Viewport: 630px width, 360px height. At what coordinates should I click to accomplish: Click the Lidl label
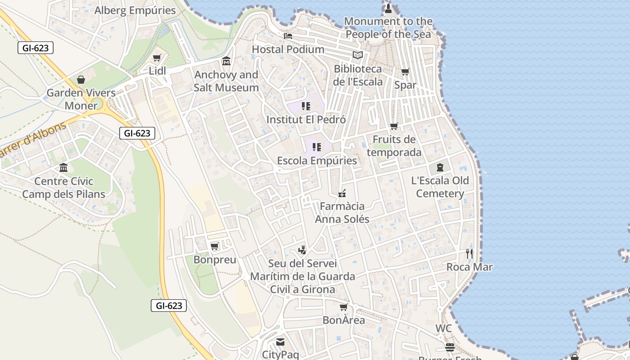(x=157, y=71)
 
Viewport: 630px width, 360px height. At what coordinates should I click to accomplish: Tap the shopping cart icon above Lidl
(x=157, y=58)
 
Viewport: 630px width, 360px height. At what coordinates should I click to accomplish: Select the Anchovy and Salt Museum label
(x=226, y=81)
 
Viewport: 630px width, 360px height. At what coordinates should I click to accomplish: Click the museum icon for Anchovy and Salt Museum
(x=226, y=61)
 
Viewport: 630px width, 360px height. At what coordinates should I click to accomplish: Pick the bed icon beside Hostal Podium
(x=288, y=36)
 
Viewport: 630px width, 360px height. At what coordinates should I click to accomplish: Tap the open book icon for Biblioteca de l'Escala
(x=358, y=55)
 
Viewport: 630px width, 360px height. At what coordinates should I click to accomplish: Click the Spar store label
(x=405, y=85)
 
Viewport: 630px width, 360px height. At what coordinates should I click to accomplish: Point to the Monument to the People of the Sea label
(x=388, y=27)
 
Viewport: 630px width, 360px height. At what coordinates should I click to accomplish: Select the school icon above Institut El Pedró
(x=306, y=106)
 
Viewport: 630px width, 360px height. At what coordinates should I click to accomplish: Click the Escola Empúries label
(x=317, y=161)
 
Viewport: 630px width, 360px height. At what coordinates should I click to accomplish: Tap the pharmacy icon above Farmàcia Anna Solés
(x=342, y=193)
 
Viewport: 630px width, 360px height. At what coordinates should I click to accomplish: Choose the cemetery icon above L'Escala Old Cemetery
(x=440, y=168)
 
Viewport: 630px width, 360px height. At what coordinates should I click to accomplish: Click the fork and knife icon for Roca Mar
(x=469, y=253)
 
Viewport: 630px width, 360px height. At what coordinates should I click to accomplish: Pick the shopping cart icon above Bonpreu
(x=215, y=246)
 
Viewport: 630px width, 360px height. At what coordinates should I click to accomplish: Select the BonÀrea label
(x=344, y=320)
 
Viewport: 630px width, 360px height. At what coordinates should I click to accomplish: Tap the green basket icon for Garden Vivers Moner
(x=81, y=80)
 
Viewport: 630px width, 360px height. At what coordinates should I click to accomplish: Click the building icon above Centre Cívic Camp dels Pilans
(x=63, y=168)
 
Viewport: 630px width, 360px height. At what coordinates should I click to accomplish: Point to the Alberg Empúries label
(x=135, y=10)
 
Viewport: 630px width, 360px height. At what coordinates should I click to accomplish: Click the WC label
(x=443, y=328)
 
